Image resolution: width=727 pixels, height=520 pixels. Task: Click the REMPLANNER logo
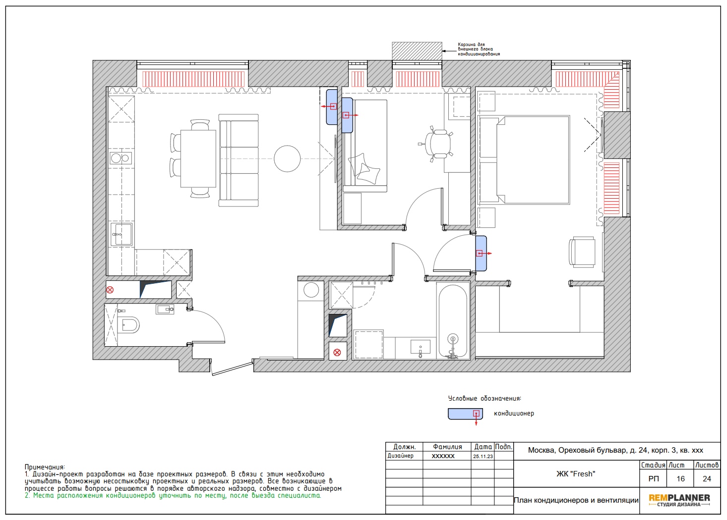coord(679,500)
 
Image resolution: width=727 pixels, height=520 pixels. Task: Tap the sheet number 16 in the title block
coord(680,479)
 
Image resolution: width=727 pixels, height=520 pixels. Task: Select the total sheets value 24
coord(707,479)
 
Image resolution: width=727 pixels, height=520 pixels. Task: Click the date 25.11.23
coord(483,456)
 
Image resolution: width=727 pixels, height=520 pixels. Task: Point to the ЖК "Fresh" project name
coord(576,473)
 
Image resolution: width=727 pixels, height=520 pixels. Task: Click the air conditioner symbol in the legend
coord(466,414)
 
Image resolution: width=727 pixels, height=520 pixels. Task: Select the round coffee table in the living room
coord(287,159)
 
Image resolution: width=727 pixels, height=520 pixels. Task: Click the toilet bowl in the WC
coord(129,324)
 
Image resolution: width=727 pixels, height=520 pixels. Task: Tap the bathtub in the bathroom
coord(453,321)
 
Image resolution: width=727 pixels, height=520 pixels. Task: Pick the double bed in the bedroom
coord(525,160)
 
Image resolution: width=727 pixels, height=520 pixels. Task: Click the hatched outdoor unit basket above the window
coord(417,51)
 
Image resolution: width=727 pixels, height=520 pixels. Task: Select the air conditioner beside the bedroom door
coord(481,254)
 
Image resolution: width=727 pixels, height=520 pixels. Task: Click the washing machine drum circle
coord(311,290)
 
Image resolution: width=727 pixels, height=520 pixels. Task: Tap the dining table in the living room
coord(198,158)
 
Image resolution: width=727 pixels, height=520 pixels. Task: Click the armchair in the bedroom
coord(582,252)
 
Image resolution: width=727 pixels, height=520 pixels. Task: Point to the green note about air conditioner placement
coord(173,496)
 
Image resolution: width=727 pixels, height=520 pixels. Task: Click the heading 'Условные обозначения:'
coord(485,398)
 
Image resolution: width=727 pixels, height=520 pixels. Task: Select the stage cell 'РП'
coord(653,479)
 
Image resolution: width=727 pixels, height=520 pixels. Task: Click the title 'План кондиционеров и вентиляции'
coord(576,500)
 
